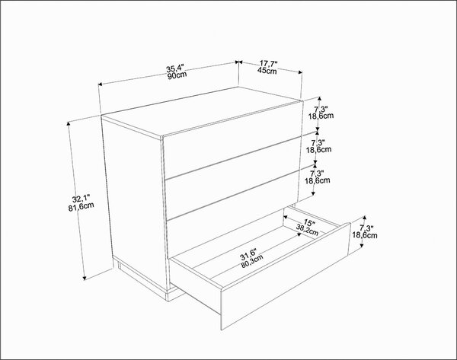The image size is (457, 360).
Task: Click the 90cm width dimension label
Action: pyautogui.click(x=177, y=75)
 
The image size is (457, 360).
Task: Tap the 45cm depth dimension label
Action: pyautogui.click(x=267, y=70)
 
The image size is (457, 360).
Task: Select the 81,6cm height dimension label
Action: pyautogui.click(x=81, y=206)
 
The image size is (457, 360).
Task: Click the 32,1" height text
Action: pyautogui.click(x=81, y=199)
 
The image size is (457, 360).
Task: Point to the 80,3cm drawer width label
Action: pyautogui.click(x=252, y=261)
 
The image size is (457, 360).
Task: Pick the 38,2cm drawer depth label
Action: pyautogui.click(x=307, y=230)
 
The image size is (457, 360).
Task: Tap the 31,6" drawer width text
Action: pyautogui.click(x=248, y=254)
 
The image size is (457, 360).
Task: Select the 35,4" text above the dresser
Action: pyautogui.click(x=175, y=69)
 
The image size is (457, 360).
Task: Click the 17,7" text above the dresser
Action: pyautogui.click(x=269, y=64)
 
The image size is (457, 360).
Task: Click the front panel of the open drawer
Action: pyautogui.click(x=286, y=277)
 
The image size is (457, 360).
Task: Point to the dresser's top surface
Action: pyautogui.click(x=201, y=112)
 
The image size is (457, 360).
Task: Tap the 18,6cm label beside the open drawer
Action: pyautogui.click(x=365, y=235)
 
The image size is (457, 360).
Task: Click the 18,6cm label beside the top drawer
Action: pyautogui.click(x=321, y=116)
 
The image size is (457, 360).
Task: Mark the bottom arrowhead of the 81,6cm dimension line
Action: pyautogui.click(x=85, y=277)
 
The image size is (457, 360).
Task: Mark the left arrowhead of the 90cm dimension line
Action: pyautogui.click(x=101, y=84)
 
